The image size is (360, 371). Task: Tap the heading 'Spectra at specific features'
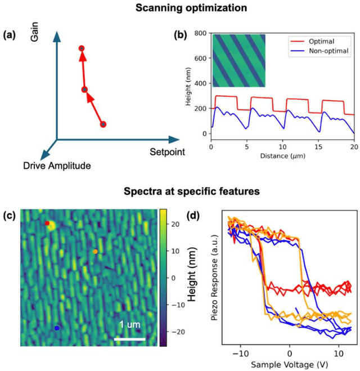tap(181, 191)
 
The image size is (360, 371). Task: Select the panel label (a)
tap(10, 36)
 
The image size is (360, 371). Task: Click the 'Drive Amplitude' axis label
tap(57, 166)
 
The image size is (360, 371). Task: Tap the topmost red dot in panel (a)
tap(82, 48)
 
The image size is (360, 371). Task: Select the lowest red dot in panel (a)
tap(103, 124)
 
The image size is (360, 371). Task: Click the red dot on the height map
tap(47, 224)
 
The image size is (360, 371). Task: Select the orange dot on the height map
tap(95, 251)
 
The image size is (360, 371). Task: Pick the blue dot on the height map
tap(57, 328)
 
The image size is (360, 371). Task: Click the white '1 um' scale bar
tap(130, 338)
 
